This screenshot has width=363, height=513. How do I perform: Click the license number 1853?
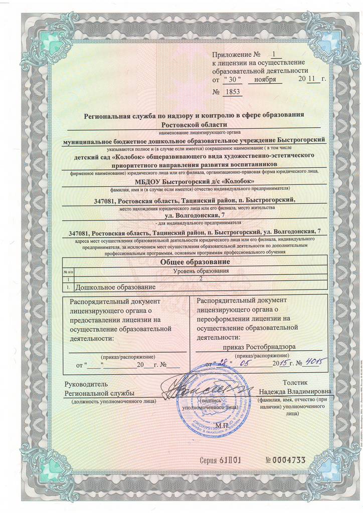point(234,92)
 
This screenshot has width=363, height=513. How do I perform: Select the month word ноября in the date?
point(264,80)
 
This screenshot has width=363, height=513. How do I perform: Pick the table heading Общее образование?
point(195,262)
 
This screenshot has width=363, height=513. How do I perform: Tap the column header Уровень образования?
point(201,271)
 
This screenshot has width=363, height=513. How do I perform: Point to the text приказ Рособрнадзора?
point(258,346)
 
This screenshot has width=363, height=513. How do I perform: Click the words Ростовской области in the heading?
point(195,124)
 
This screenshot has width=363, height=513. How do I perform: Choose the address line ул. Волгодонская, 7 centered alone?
point(195,215)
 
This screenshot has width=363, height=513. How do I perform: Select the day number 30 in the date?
point(232,80)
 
